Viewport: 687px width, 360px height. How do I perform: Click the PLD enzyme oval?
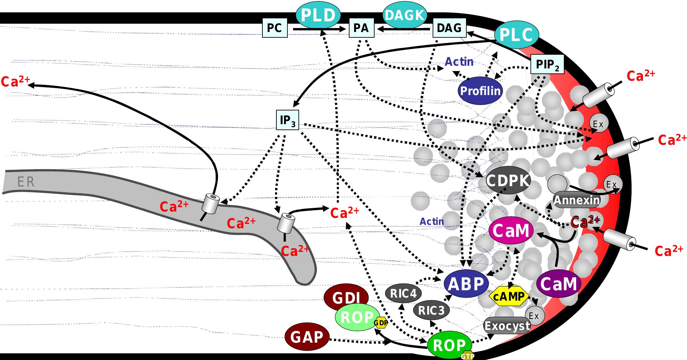pos(318,15)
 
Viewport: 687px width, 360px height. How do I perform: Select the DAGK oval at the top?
pos(404,15)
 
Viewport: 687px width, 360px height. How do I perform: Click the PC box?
pos(274,28)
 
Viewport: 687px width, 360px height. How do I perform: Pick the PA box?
pos(361,28)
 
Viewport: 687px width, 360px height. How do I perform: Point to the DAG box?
pos(449,28)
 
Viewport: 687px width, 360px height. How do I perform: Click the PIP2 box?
pos(547,65)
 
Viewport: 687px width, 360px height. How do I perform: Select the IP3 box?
pos(287,120)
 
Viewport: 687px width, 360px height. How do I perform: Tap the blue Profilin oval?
pos(480,91)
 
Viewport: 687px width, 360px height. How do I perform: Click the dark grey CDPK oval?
pos(508,181)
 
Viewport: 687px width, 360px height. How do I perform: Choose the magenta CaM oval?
pos(511,231)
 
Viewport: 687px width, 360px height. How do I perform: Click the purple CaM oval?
pos(558,284)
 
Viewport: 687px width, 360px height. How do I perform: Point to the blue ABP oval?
pos(466,284)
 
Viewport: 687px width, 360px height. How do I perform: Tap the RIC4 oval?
pos(403,294)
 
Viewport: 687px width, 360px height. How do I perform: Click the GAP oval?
pos(307,337)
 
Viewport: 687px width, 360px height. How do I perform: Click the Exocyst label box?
pos(507,326)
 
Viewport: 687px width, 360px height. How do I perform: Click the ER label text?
pos(26,182)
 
